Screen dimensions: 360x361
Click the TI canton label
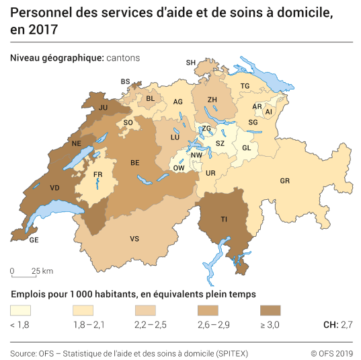click(x=224, y=219)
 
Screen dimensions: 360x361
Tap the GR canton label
click(x=285, y=181)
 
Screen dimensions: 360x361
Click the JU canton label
click(x=103, y=107)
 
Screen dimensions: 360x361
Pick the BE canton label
click(x=135, y=163)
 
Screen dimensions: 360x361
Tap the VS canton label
click(x=134, y=239)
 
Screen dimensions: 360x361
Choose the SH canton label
click(x=190, y=63)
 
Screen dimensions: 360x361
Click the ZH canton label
click(x=212, y=100)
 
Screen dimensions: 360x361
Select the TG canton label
click(x=245, y=86)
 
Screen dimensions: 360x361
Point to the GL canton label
click(x=246, y=148)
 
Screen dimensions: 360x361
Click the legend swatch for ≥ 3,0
click(x=270, y=311)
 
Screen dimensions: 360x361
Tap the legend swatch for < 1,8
click(x=20, y=311)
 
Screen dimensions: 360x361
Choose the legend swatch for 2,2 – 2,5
click(x=145, y=311)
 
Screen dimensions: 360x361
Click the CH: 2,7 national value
click(x=337, y=325)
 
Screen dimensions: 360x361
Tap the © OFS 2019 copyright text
click(x=331, y=353)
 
